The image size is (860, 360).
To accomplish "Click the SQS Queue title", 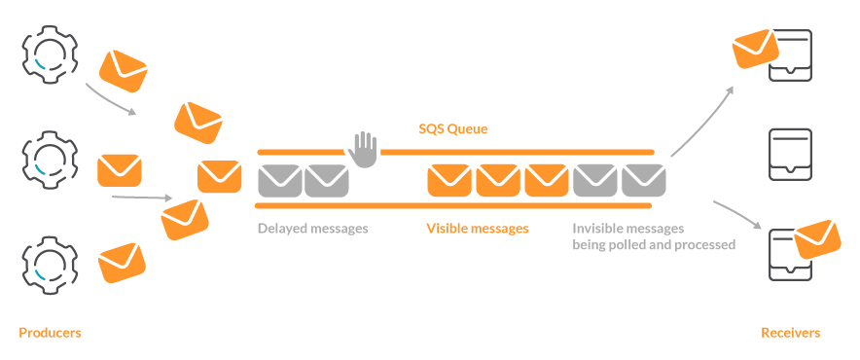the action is [x=452, y=128].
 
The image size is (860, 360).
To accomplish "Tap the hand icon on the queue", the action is [x=363, y=150].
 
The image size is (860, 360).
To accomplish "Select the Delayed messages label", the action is [x=312, y=230].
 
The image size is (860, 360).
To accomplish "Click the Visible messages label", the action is [x=477, y=230].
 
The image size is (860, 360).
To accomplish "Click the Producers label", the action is [x=50, y=333].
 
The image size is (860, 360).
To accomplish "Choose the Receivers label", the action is [x=790, y=333].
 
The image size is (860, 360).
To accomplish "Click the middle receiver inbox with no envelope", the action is [x=789, y=155].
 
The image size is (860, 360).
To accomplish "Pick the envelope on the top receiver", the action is [x=756, y=48].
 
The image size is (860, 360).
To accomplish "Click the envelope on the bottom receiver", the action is [x=817, y=239].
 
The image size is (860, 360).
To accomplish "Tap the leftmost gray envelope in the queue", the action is [x=279, y=180].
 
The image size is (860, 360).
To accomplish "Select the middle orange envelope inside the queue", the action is [x=498, y=180].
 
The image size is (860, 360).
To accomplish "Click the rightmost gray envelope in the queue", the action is [x=642, y=180].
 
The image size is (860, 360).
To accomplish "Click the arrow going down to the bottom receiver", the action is [x=737, y=214].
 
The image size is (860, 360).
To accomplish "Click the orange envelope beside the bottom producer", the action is [x=123, y=262].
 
